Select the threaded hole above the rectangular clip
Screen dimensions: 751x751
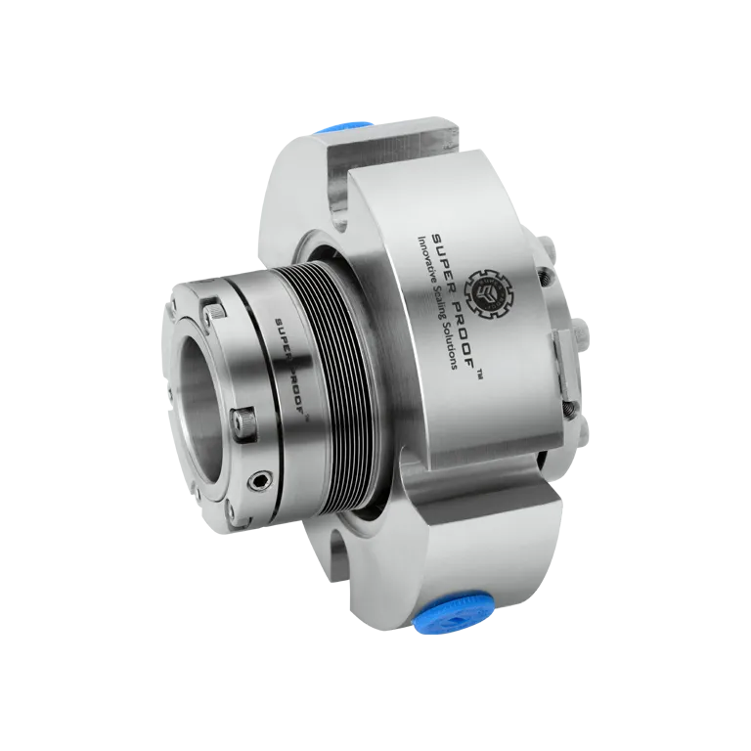[556, 273]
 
